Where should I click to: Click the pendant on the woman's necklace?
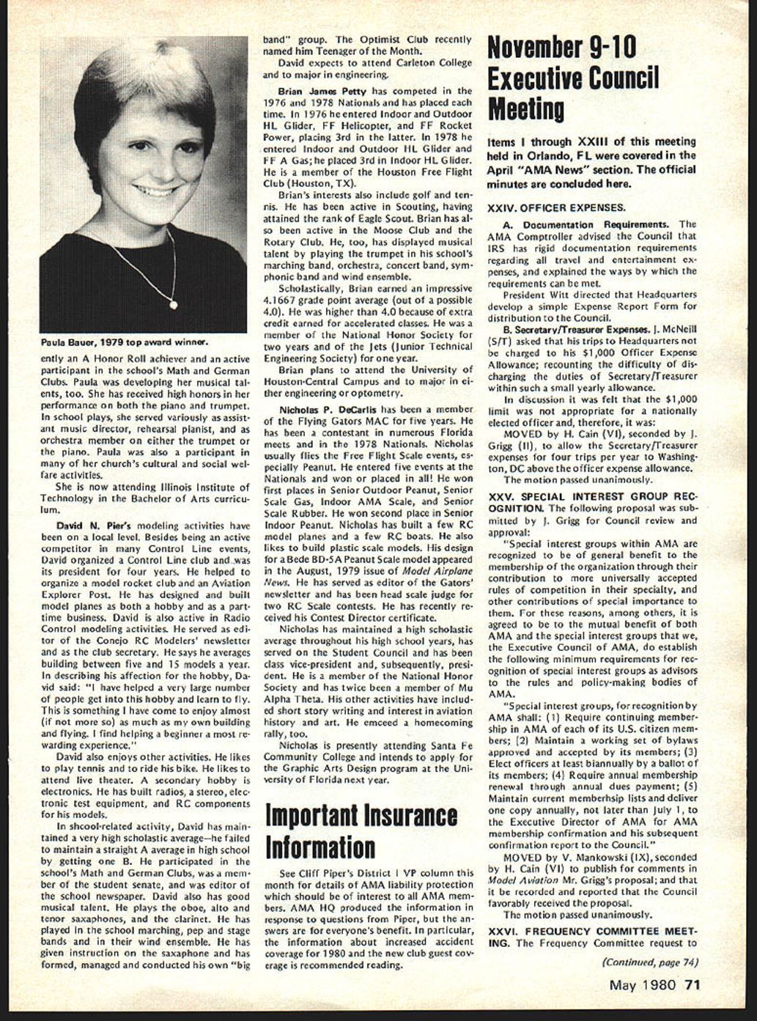(x=174, y=301)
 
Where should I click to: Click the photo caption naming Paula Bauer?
(x=125, y=342)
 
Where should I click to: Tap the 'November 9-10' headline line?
(x=562, y=47)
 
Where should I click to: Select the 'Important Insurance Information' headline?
(x=359, y=831)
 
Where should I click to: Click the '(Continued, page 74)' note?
(x=649, y=962)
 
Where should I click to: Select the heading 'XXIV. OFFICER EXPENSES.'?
(x=556, y=207)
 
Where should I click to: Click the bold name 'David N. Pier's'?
(x=93, y=526)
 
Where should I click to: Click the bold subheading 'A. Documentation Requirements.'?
(x=585, y=224)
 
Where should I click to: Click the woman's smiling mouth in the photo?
(x=156, y=191)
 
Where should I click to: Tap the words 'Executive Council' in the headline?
(x=573, y=78)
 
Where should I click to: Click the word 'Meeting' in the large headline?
(x=526, y=109)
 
